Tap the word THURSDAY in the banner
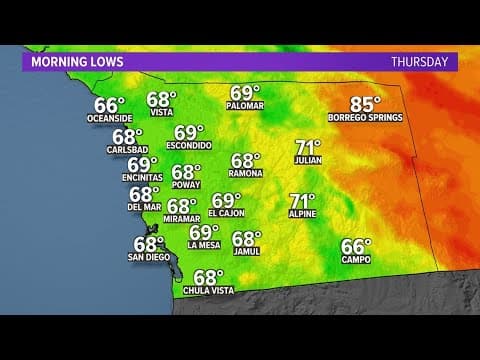pyautogui.click(x=420, y=61)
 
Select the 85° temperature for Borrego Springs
pyautogui.click(x=366, y=103)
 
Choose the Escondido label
pyautogui.click(x=189, y=146)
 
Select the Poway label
pyautogui.click(x=186, y=186)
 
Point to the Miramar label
pyautogui.click(x=182, y=219)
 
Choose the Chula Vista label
pyautogui.click(x=207, y=291)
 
